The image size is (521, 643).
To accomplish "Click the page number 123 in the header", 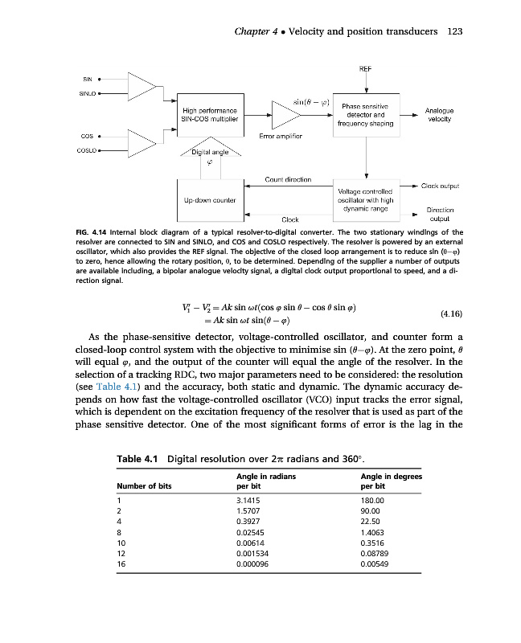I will click(454, 31).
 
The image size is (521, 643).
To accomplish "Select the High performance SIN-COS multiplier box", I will click(210, 114).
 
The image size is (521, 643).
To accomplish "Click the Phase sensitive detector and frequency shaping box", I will click(367, 115).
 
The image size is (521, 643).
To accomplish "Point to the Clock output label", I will click(440, 186).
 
